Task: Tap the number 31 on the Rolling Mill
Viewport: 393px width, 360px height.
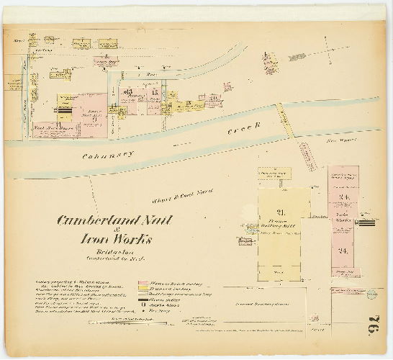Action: pos(281,211)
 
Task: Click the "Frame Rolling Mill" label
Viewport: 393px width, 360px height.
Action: pos(281,222)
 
